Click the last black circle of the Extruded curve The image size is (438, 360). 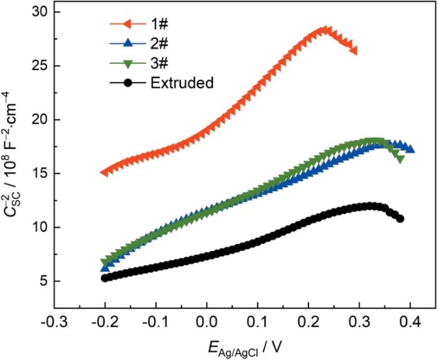point(400,219)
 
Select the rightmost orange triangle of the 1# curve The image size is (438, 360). point(354,50)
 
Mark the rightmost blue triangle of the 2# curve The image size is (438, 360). point(410,148)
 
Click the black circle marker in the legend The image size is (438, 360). point(129,82)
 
